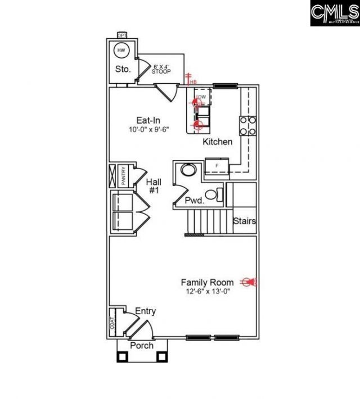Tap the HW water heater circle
[121, 51]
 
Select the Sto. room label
[123, 70]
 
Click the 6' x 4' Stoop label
[161, 69]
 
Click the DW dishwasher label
[202, 97]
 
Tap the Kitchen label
[217, 142]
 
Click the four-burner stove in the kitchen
[248, 125]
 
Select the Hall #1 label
[154, 186]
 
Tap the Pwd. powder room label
[193, 201]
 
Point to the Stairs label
[245, 221]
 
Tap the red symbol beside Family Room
[248, 282]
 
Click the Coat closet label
[112, 323]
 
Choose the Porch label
[142, 346]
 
